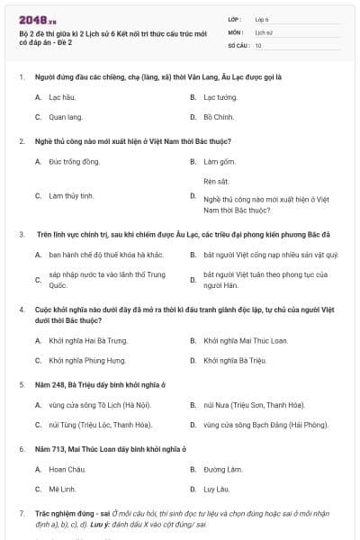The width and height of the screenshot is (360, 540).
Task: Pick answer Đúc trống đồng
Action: coord(74,161)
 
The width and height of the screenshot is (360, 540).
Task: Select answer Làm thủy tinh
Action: coord(71,195)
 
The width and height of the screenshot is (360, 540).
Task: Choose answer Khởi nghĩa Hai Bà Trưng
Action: coord(88,341)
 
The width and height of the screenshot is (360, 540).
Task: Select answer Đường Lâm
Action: coord(223,469)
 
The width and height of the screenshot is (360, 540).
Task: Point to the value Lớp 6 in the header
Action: coord(262,18)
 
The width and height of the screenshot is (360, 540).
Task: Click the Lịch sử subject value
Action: coord(264,31)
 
